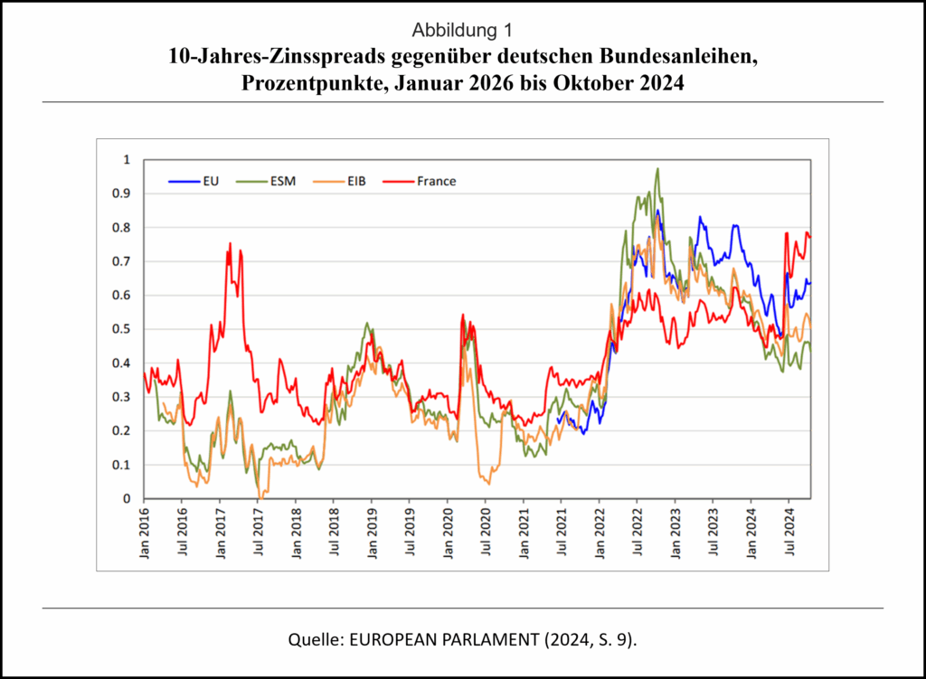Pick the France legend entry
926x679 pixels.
[437, 181]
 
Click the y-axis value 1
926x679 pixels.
[127, 160]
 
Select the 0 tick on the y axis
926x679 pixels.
[127, 499]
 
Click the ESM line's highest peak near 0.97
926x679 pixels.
[657, 169]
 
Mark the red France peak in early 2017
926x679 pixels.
[230, 243]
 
